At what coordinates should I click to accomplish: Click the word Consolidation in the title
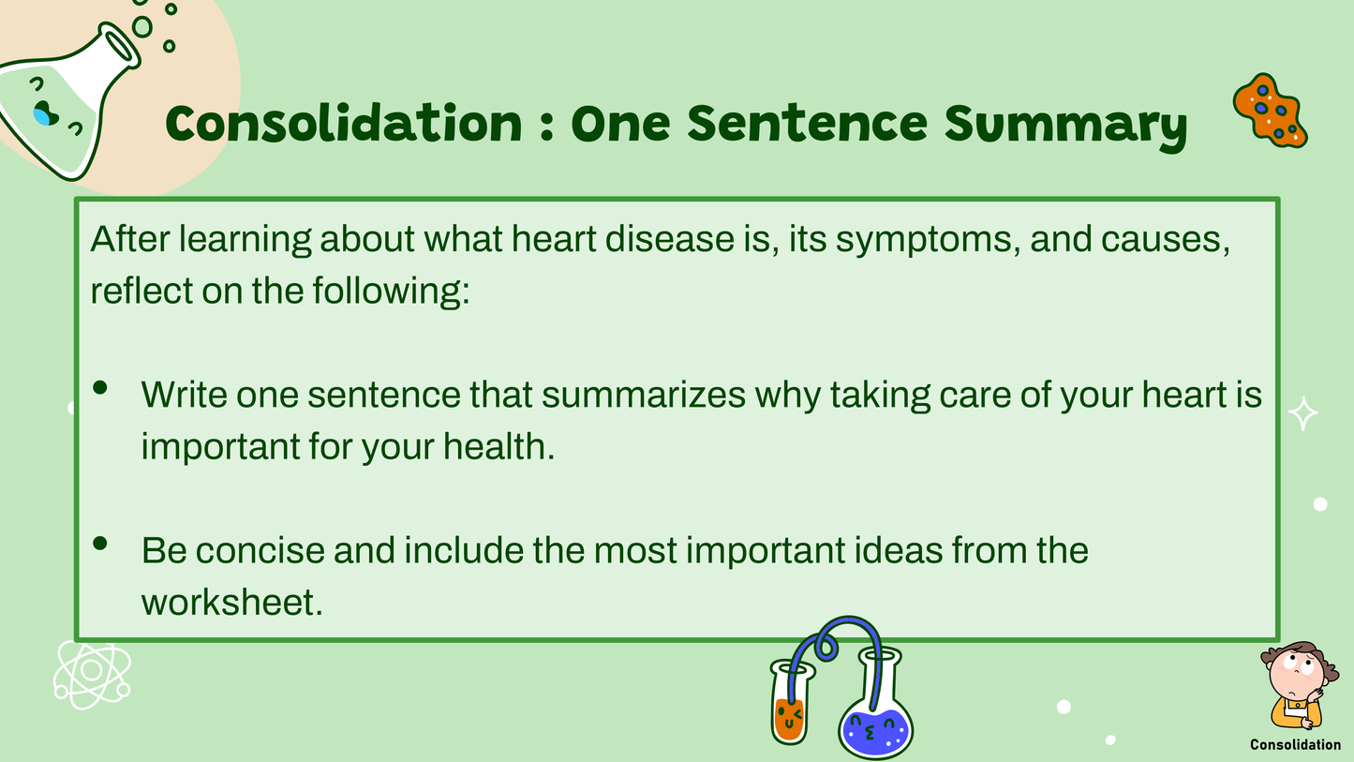[x=343, y=124]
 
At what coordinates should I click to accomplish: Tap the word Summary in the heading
[x=1065, y=127]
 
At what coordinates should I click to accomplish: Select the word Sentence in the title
[x=807, y=124]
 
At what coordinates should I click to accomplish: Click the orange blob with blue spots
[x=1270, y=111]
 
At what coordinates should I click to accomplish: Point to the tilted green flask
[x=67, y=97]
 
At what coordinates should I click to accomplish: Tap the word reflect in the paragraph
[x=141, y=291]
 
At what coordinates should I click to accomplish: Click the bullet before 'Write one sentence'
[x=100, y=388]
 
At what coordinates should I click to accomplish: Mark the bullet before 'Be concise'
[x=100, y=543]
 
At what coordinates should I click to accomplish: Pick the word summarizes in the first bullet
[x=643, y=395]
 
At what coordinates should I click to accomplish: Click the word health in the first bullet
[x=498, y=446]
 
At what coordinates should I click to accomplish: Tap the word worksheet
[x=232, y=603]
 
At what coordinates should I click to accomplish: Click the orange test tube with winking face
[x=791, y=701]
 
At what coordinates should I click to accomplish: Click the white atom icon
[x=92, y=674]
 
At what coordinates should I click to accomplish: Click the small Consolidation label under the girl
[x=1295, y=745]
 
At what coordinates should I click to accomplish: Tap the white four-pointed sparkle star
[x=1303, y=413]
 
